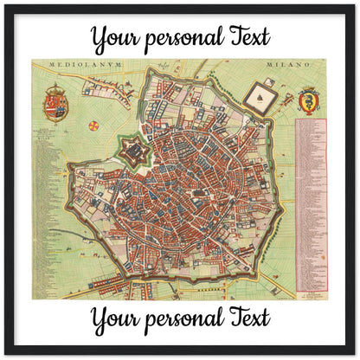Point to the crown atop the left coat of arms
[55, 88]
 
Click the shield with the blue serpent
[309, 101]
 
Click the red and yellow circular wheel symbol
[93, 125]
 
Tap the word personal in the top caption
[182, 38]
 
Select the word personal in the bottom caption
[182, 317]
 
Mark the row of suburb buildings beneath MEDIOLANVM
[104, 80]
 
